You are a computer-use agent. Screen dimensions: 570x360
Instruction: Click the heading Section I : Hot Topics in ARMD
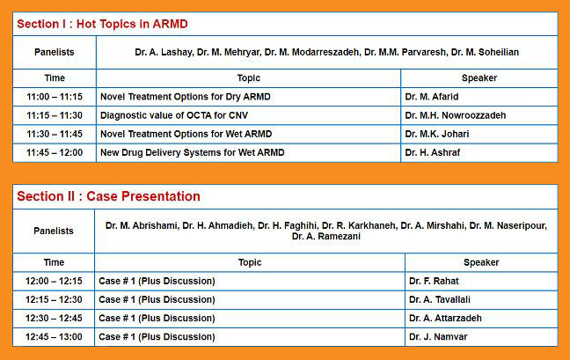pos(102,24)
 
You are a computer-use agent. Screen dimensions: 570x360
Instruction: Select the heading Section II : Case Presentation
pos(108,196)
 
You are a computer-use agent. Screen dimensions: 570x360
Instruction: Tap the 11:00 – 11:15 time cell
pos(55,97)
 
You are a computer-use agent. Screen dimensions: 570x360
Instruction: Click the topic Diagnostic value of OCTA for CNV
pos(174,115)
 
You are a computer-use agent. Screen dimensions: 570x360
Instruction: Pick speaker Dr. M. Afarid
pos(432,97)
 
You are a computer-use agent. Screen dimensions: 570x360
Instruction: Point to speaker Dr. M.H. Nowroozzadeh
pos(455,115)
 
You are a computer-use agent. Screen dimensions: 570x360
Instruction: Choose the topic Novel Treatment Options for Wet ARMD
pos(186,134)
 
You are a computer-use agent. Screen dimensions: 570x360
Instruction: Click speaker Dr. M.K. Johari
pos(437,134)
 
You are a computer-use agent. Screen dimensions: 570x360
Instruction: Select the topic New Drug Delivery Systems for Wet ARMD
pos(193,152)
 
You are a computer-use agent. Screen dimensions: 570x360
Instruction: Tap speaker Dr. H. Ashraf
pos(433,152)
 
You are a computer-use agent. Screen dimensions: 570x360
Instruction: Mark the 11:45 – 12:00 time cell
pos(55,152)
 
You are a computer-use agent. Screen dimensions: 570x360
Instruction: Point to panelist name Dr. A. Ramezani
pos(326,236)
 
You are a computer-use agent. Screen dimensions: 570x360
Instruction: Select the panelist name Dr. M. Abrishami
pos(142,225)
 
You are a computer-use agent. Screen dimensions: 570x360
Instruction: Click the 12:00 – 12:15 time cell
pos(54,281)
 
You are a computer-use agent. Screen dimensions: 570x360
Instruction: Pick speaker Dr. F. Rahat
pos(434,281)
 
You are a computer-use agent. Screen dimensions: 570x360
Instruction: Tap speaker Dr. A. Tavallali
pos(440,299)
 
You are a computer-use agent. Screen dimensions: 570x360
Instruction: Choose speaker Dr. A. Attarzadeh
pos(445,318)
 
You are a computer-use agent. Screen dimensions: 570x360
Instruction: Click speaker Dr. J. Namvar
pos(438,337)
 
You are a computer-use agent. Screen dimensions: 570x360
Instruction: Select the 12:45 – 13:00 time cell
pos(54,337)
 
